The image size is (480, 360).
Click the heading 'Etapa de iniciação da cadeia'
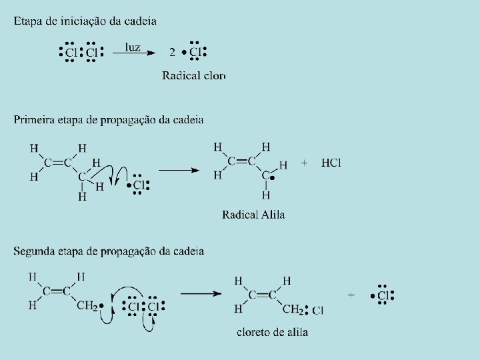tap(85, 21)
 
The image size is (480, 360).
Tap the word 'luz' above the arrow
tap(133, 47)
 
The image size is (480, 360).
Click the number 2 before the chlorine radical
tap(172, 53)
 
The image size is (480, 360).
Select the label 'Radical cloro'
tap(194, 75)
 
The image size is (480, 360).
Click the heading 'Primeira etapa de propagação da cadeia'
tap(109, 120)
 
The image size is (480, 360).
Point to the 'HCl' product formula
tap(331, 163)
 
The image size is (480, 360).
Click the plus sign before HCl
tap(305, 163)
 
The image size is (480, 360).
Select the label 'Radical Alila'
tap(253, 215)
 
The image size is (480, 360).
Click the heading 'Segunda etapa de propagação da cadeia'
tap(109, 251)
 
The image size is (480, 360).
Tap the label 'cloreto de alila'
tap(272, 332)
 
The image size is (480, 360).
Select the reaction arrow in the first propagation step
tap(179, 170)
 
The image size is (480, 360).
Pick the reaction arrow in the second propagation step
tap(200, 293)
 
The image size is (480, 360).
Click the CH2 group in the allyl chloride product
tap(291, 309)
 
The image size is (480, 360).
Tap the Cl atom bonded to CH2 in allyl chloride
tap(317, 310)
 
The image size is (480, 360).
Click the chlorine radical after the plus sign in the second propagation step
tap(383, 295)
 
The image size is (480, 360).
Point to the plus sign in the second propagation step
tap(351, 294)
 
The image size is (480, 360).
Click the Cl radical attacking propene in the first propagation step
tap(138, 185)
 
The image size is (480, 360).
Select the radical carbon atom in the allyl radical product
tap(266, 176)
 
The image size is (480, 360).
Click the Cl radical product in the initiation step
tap(195, 52)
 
